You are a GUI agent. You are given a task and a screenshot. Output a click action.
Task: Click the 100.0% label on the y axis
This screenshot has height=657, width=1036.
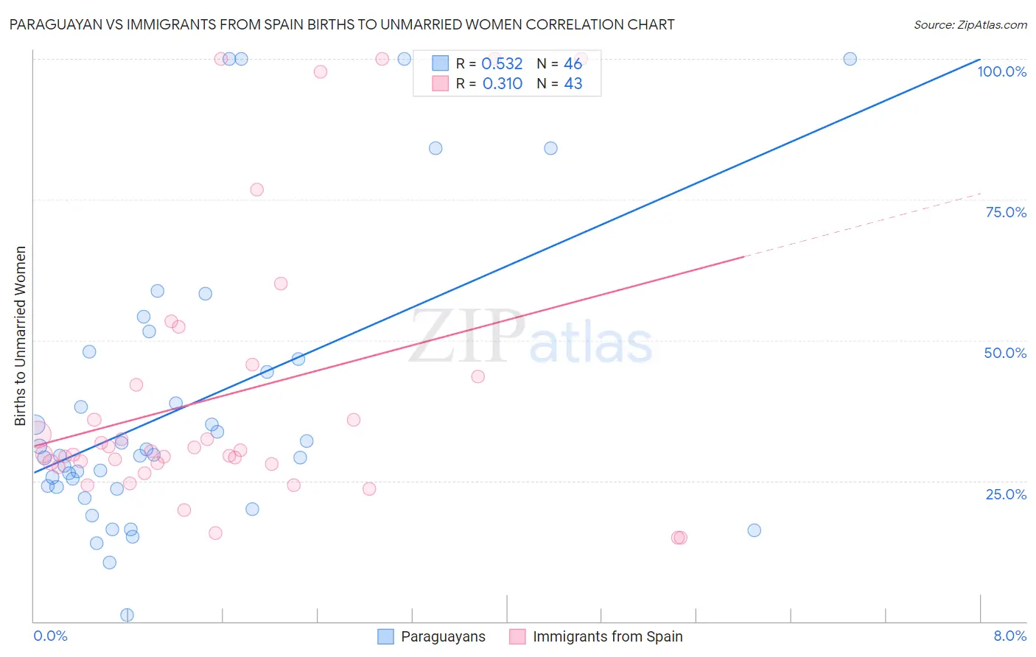tap(1001, 71)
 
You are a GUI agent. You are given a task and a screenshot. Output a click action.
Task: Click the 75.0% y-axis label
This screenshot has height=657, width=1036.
tap(1006, 212)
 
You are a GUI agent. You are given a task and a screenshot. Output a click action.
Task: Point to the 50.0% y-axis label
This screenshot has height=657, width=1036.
tap(1005, 353)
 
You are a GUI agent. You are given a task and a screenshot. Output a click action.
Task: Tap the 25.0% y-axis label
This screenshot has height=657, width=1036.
tap(1006, 493)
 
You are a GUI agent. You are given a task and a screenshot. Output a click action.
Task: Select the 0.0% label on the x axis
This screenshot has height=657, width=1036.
tap(50, 636)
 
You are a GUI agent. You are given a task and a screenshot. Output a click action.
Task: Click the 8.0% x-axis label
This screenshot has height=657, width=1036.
tap(1009, 636)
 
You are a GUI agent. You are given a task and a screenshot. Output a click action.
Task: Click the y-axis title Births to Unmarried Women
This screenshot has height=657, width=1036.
tap(21, 336)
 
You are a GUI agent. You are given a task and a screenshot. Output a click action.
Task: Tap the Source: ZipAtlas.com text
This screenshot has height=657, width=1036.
tap(970, 24)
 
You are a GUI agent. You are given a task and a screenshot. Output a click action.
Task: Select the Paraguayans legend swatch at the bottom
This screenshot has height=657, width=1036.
tap(385, 636)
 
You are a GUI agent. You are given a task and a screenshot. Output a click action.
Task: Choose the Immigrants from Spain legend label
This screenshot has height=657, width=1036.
tap(607, 636)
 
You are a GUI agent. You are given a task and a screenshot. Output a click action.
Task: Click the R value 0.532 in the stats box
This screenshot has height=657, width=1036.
tap(502, 64)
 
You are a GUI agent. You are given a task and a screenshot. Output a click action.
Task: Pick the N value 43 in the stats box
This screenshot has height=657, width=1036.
tap(573, 84)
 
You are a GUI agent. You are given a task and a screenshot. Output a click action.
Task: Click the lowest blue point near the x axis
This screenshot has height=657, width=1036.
tap(127, 615)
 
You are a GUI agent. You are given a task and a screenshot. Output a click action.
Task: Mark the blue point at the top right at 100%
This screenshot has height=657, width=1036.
tap(850, 59)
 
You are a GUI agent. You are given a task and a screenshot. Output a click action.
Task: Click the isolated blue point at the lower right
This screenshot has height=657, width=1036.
tap(754, 530)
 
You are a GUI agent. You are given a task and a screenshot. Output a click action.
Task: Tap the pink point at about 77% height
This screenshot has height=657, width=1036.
tap(256, 189)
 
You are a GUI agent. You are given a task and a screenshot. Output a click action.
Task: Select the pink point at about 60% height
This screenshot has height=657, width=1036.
tap(280, 284)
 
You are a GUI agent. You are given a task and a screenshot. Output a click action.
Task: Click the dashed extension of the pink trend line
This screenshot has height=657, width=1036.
tap(862, 225)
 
